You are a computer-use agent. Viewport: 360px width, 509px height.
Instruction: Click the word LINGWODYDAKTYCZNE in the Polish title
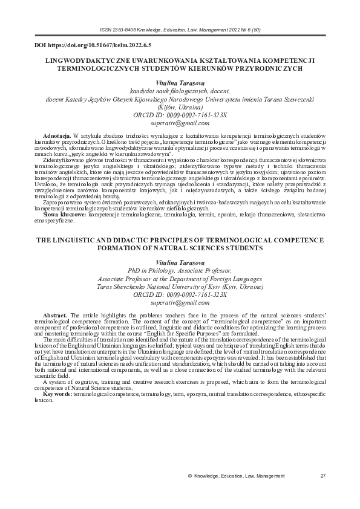(x=77, y=61)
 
